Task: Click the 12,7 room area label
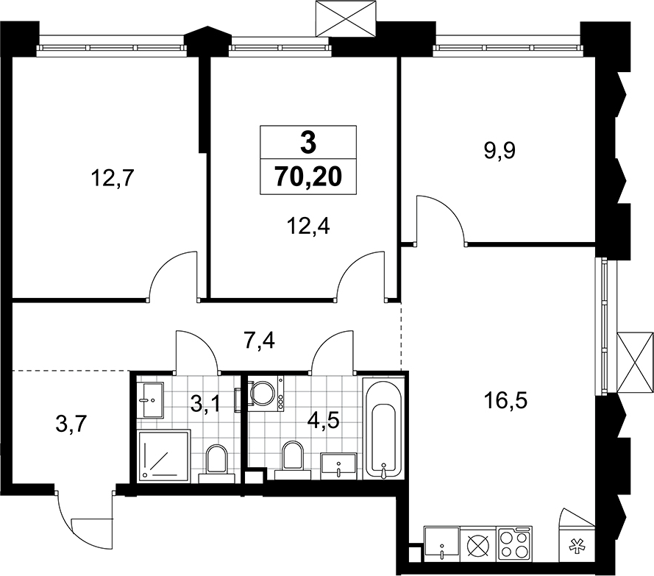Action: (x=112, y=179)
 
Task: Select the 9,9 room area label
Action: (x=500, y=150)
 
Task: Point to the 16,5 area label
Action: (x=505, y=400)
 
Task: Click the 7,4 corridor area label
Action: (x=259, y=341)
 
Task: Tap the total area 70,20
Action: (x=308, y=177)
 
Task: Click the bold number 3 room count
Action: (x=308, y=143)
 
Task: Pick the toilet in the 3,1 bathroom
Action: (x=216, y=463)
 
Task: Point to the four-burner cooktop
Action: (x=514, y=543)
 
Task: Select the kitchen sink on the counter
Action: (x=441, y=543)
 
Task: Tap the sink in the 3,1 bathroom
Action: (x=154, y=399)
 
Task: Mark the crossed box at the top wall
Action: (x=346, y=19)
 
